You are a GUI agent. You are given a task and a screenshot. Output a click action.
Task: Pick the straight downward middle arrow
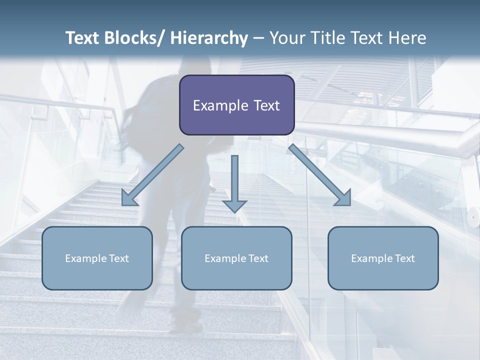234,180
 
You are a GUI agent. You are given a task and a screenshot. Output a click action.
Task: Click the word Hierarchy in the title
209,38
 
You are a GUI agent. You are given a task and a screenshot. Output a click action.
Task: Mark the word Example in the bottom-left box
86,258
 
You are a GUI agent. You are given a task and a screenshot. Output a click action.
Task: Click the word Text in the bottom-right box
404,258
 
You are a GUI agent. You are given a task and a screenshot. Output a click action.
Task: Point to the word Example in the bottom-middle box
225,258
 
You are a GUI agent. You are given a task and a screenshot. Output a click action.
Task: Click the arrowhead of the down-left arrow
128,199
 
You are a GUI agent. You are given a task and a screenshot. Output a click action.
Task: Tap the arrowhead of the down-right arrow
344,198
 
